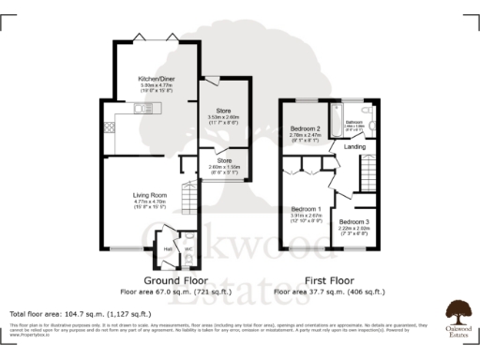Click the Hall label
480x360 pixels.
point(169,248)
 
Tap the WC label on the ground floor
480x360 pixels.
point(187,248)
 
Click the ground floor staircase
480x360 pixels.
point(191,198)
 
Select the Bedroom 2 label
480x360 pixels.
point(306,128)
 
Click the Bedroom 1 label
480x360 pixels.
point(306,208)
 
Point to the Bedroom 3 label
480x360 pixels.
point(354,221)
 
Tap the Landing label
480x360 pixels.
point(355,147)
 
